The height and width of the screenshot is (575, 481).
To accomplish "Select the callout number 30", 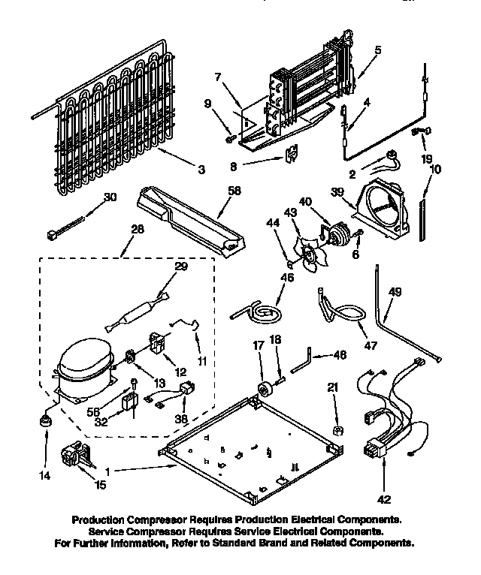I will click(x=110, y=197).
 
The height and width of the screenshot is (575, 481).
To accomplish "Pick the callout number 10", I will click(x=435, y=170).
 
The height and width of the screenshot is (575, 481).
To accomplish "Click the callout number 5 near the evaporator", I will click(x=377, y=50).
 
